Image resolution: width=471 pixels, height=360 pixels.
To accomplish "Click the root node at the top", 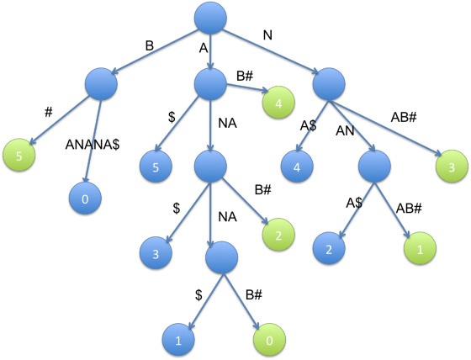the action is pyautogui.click(x=210, y=18).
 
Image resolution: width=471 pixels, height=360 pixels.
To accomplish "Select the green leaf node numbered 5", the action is pyautogui.click(x=19, y=155).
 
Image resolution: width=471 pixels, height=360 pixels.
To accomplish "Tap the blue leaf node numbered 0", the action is pyautogui.click(x=85, y=199).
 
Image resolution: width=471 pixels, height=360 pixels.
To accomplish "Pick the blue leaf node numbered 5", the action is pyautogui.click(x=156, y=167).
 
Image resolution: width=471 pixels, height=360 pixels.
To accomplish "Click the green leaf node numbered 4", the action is pyautogui.click(x=278, y=103).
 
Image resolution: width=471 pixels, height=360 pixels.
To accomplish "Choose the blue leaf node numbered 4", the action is pyautogui.click(x=297, y=167).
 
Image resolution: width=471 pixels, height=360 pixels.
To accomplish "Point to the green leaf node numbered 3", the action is pyautogui.click(x=452, y=167).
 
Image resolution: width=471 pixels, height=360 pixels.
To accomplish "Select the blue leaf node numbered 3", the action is pyautogui.click(x=156, y=252).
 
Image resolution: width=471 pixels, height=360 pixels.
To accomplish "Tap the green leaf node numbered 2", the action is pyautogui.click(x=278, y=235).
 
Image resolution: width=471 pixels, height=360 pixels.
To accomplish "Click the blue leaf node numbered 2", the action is pyautogui.click(x=329, y=248).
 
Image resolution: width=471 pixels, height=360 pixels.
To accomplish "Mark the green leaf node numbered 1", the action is pyautogui.click(x=420, y=248).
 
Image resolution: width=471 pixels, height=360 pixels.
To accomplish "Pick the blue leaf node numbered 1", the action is pyautogui.click(x=178, y=340).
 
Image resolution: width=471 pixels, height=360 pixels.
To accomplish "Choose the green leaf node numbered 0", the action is pyautogui.click(x=269, y=340).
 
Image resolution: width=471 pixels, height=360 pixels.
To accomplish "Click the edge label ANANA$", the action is pyautogui.click(x=93, y=145).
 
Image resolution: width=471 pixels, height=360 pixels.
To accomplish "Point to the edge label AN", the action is pyautogui.click(x=345, y=130).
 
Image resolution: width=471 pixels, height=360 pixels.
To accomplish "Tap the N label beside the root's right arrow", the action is pyautogui.click(x=267, y=35).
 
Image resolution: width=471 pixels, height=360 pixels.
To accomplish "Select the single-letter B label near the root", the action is pyautogui.click(x=150, y=46).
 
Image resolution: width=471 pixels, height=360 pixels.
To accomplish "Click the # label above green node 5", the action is pyautogui.click(x=49, y=113).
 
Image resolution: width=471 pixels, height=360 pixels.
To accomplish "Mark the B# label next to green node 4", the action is pyautogui.click(x=245, y=76).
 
